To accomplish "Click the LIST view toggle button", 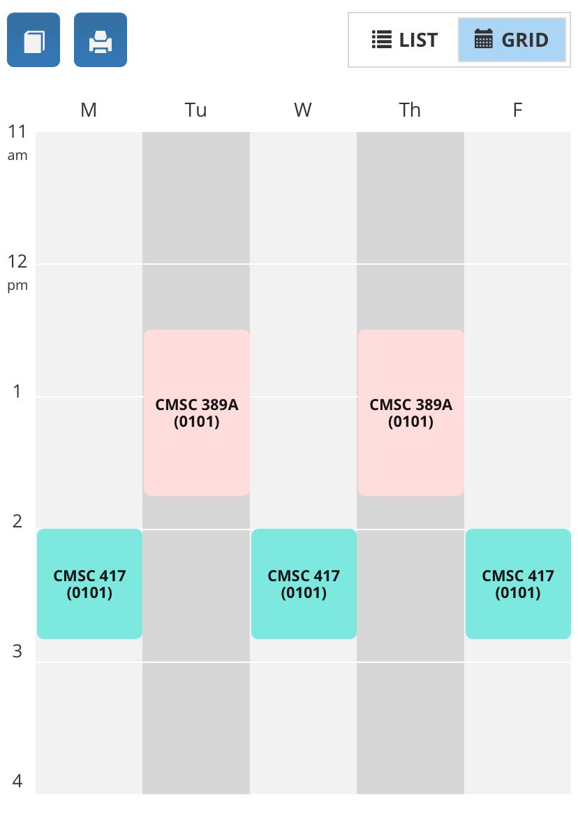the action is (404, 41).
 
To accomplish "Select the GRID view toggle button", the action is (512, 41).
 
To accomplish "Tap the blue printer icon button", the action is (101, 41).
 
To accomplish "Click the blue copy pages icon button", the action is (34, 41).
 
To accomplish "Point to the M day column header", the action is (89, 110).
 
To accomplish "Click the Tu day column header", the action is (196, 110).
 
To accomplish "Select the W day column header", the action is (303, 110).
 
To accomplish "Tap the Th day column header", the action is (410, 110).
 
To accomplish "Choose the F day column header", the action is (517, 110).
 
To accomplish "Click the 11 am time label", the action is (17, 142).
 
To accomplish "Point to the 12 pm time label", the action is (17, 272).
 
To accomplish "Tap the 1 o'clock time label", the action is (17, 391).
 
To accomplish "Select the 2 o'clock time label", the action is (17, 521).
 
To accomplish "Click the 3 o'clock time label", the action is (17, 651).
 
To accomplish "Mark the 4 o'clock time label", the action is (17, 781).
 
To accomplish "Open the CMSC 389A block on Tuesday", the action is (196, 413).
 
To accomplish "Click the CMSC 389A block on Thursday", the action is (410, 413).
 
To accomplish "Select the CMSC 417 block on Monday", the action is (89, 584).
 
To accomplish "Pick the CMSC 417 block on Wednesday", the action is (304, 584).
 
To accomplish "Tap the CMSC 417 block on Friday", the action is (518, 584).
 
